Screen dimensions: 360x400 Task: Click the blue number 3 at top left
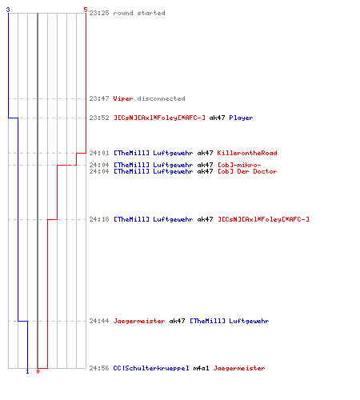(8, 10)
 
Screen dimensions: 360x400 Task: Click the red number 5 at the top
(86, 10)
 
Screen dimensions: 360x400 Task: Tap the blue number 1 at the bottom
(27, 371)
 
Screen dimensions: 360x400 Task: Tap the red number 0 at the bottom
(38, 371)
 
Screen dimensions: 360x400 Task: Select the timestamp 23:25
(99, 13)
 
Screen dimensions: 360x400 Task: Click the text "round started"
(139, 13)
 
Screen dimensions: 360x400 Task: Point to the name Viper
(123, 98)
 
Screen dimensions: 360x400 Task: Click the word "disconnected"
(161, 98)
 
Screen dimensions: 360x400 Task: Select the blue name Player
(241, 118)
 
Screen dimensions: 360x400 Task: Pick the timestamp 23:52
(99, 118)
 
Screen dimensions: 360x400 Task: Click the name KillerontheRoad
(247, 153)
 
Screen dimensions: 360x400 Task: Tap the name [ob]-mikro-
(239, 165)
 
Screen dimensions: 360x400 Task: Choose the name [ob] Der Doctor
(247, 171)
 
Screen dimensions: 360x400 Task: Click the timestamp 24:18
(99, 219)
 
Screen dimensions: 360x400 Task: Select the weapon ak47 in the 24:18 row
(205, 219)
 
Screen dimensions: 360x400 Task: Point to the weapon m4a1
(201, 368)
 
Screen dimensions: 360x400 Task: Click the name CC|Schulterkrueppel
(151, 368)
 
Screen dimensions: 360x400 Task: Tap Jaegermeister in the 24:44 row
(139, 321)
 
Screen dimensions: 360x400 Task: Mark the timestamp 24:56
(99, 368)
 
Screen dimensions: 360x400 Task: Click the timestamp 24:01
(99, 153)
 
